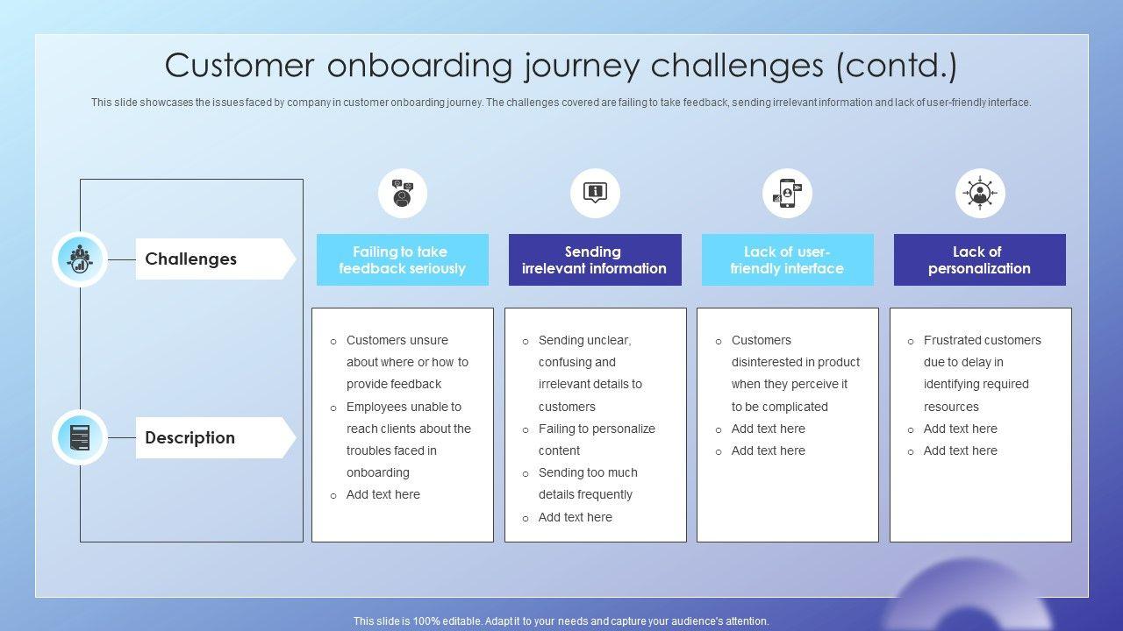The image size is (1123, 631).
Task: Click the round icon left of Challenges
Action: (80, 259)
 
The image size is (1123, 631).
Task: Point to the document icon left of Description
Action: (80, 437)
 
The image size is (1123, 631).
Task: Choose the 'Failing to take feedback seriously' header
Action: (402, 259)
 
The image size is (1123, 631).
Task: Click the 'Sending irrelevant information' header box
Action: (594, 259)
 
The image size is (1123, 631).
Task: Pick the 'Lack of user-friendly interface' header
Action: (787, 259)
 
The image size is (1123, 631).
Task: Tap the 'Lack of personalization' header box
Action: (979, 259)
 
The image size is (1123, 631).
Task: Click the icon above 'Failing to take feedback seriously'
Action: (403, 193)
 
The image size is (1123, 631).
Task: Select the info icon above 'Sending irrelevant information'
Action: (595, 193)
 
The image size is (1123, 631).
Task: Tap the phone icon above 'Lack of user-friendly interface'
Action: (787, 193)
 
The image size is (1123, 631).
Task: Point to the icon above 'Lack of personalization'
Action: (980, 193)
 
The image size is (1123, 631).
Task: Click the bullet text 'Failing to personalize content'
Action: (597, 439)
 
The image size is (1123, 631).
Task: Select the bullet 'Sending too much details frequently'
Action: (588, 483)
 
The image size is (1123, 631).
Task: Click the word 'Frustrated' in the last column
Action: (953, 340)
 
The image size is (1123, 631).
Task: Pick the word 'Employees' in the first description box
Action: (376, 407)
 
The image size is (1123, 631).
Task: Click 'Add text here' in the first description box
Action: (383, 494)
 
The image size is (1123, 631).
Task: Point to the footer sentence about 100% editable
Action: (561, 621)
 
